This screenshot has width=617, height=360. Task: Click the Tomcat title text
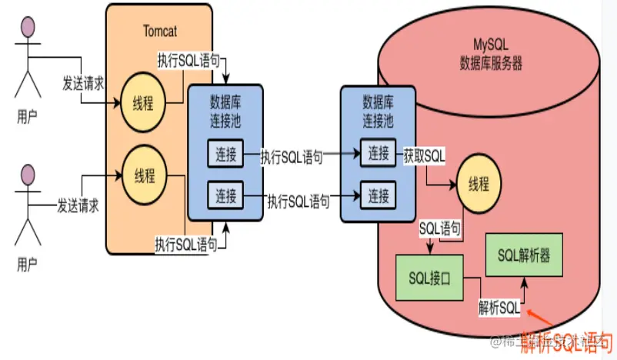pyautogui.click(x=161, y=31)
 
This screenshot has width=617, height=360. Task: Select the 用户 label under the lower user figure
pyautogui.click(x=28, y=265)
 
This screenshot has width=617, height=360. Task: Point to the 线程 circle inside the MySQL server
pyautogui.click(x=478, y=185)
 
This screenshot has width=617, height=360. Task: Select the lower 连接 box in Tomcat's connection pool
pyautogui.click(x=225, y=192)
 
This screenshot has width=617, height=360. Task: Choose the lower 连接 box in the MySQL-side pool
pyautogui.click(x=378, y=194)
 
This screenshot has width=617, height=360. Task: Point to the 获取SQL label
pyautogui.click(x=424, y=156)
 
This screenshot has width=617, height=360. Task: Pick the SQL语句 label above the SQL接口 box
pyautogui.click(x=440, y=228)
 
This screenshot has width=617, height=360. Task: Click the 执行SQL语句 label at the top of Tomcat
pyautogui.click(x=188, y=59)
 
